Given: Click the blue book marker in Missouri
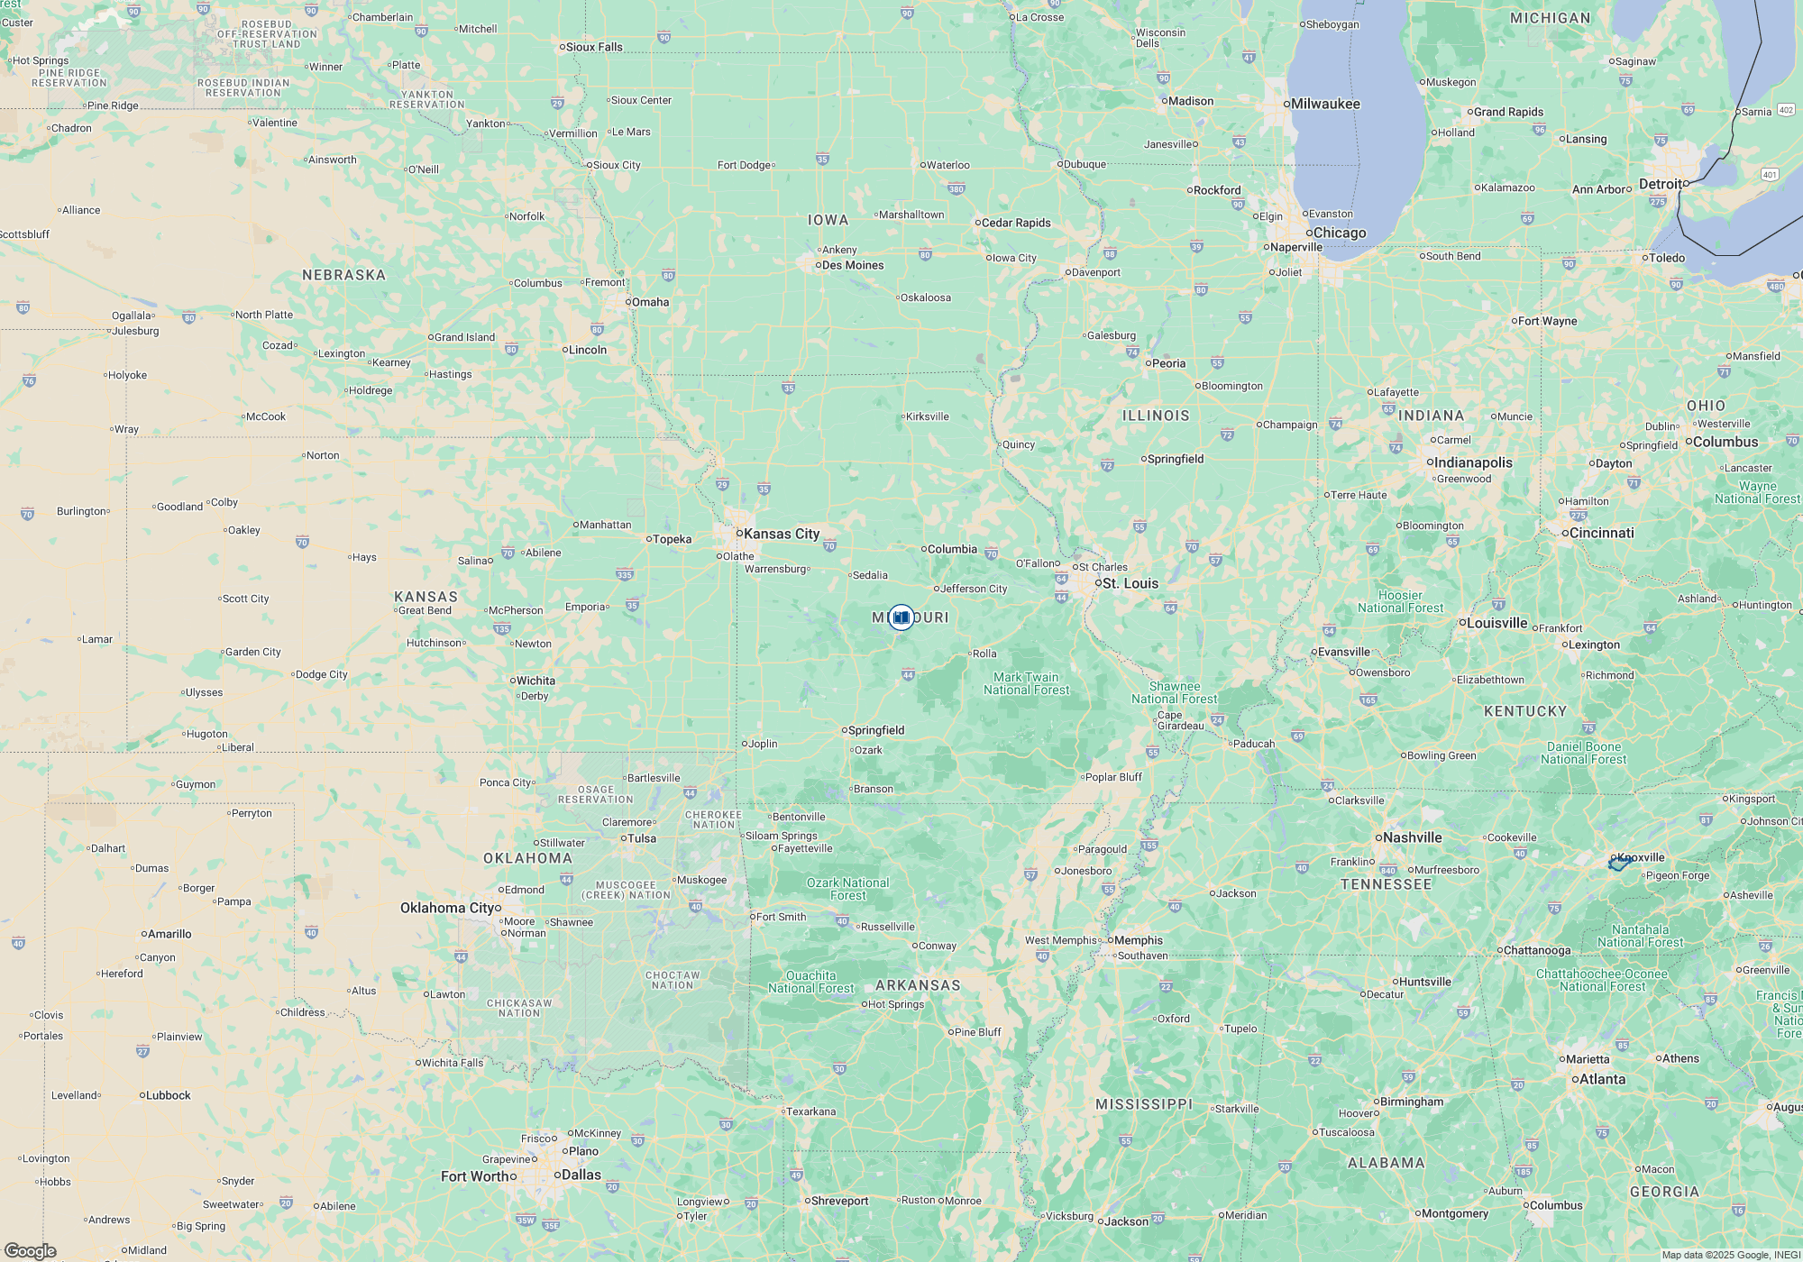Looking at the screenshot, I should (x=901, y=617).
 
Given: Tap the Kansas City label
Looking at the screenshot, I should (x=781, y=534).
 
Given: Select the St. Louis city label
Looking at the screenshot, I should (x=1130, y=583).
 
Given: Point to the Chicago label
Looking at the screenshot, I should (x=1339, y=233).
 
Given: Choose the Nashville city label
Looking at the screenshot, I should (x=1412, y=837).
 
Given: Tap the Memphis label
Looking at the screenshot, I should (x=1138, y=940).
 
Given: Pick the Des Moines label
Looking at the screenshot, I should (x=852, y=265).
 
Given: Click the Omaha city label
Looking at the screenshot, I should (x=650, y=302).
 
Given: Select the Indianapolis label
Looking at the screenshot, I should (x=1473, y=462).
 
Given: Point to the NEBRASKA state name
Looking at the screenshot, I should (x=343, y=275).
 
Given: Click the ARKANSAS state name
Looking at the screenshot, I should (x=918, y=985).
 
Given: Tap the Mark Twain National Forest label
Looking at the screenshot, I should (x=1026, y=683).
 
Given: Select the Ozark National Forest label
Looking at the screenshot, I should (x=847, y=889).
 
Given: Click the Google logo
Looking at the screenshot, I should (x=31, y=1251).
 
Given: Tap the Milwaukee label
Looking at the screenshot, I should (x=1325, y=104).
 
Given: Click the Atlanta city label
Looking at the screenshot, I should (x=1602, y=1079).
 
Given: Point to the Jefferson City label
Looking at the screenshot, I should (x=974, y=589).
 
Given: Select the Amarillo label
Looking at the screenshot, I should (x=169, y=934).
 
